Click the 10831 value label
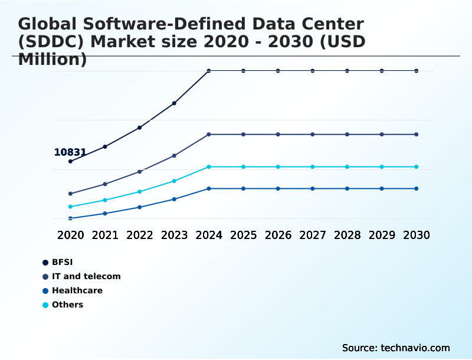coord(70,152)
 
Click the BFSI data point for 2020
coord(70,161)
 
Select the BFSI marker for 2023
coord(174,103)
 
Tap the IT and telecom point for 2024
coord(209,135)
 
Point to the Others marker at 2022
coord(140,192)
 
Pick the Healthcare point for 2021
coord(105,214)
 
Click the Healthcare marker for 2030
coord(417,189)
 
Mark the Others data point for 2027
coord(313,167)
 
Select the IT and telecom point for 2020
coord(70,194)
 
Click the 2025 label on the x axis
coord(243,235)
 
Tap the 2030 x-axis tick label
coord(417,235)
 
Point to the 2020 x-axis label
coord(70,235)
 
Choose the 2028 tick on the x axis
coord(347,235)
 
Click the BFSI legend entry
coord(62,262)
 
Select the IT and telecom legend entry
coord(86,276)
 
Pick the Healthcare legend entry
coord(77,290)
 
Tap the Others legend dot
coord(45,305)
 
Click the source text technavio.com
coord(415,348)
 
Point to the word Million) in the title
coord(53,59)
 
